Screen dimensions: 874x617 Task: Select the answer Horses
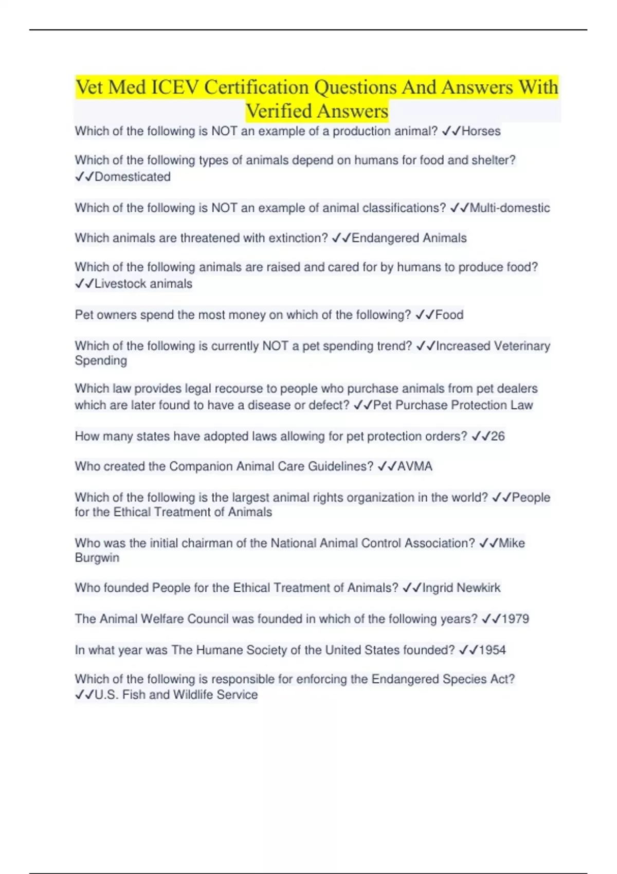[x=481, y=131]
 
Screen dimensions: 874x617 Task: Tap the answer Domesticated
[x=132, y=177]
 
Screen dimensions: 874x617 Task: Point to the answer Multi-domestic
[x=510, y=208]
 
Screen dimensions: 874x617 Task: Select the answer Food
[x=449, y=315]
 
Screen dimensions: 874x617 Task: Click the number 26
[x=498, y=436]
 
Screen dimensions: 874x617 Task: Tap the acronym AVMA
[x=414, y=466]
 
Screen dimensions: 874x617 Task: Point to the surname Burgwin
[x=97, y=558]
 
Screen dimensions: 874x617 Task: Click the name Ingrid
[x=438, y=588]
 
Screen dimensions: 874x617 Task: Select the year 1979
[x=515, y=618]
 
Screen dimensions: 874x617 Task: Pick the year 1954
[x=492, y=650]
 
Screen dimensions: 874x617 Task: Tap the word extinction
[x=298, y=238]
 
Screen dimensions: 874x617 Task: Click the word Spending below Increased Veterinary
[x=101, y=360]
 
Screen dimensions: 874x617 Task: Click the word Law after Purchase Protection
[x=521, y=405]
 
